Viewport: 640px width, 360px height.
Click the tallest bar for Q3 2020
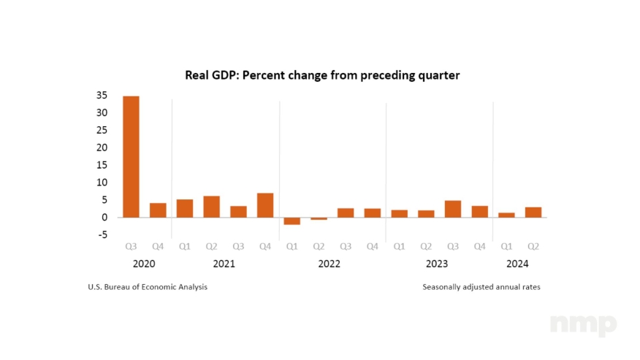click(x=131, y=156)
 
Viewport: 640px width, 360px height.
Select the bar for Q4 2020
click(x=158, y=210)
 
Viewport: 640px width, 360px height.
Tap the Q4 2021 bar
click(x=265, y=205)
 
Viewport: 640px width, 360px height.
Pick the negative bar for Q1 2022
click(x=292, y=221)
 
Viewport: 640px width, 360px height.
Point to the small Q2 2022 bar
click(x=319, y=218)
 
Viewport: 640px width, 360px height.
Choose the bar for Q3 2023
click(x=453, y=209)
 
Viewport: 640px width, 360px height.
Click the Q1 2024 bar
click(x=506, y=215)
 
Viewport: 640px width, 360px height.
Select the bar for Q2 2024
click(x=533, y=212)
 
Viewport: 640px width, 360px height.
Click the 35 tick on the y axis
click(x=101, y=95)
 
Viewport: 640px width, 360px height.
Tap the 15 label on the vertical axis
click(x=101, y=164)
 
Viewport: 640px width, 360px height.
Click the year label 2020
click(x=145, y=264)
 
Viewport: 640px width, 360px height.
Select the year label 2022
click(x=329, y=264)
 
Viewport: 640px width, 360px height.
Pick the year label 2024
click(x=517, y=264)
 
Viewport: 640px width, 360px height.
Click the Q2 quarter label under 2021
click(x=212, y=246)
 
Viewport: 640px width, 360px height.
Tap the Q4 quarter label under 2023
click(x=479, y=246)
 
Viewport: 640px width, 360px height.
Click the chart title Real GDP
click(x=322, y=75)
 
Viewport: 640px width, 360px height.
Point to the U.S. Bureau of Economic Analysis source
click(x=148, y=287)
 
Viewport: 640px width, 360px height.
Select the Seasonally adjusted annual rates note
click(x=481, y=287)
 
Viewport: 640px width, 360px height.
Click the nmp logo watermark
click(x=583, y=325)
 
